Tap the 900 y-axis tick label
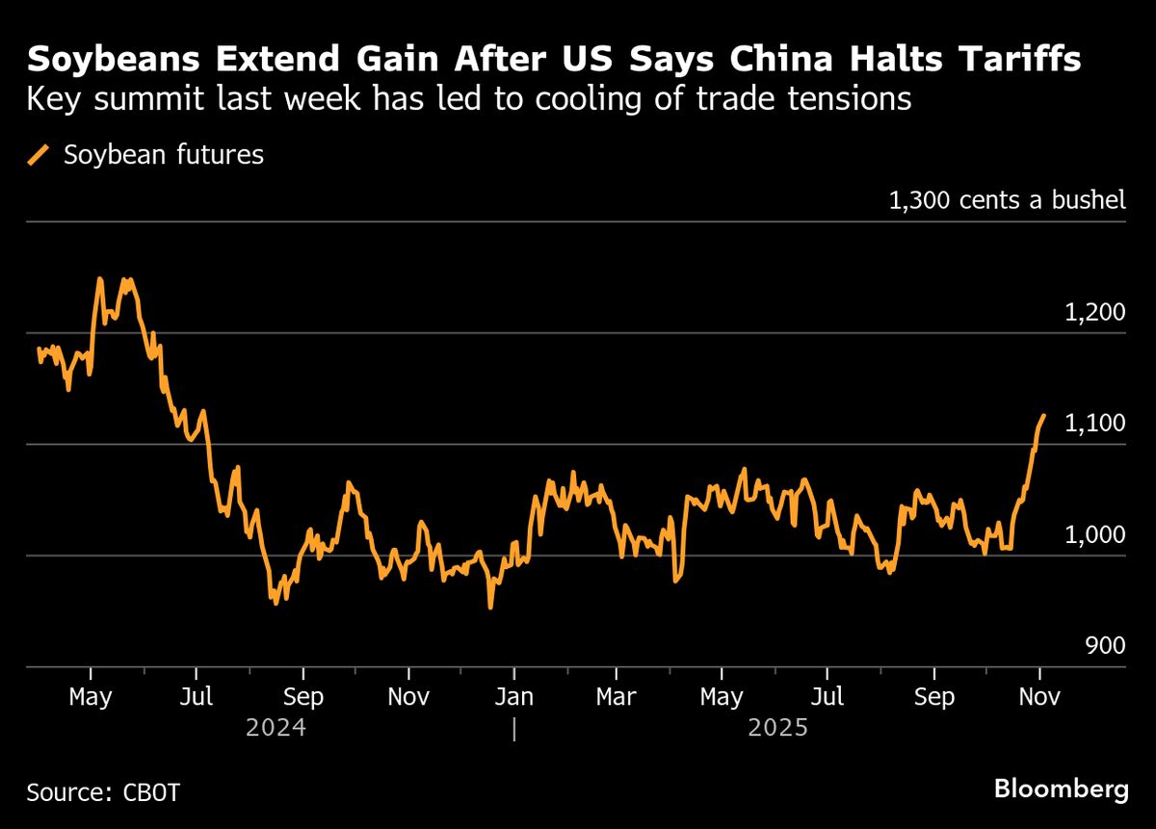coord(1104,645)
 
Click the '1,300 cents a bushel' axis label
coord(1007,200)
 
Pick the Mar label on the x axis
coord(616,696)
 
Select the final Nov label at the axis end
coord(1038,696)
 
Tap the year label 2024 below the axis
coord(276,727)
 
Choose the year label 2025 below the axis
coord(777,727)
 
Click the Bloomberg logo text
coord(1061,790)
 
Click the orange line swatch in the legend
coord(39,155)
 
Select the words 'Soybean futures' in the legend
coord(164,155)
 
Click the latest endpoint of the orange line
coord(1043,416)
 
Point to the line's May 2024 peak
coord(99,279)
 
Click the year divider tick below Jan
coord(514,729)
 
